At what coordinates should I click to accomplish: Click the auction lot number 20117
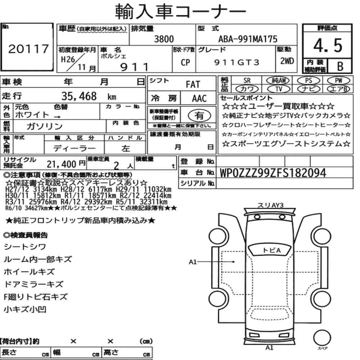point(28,49)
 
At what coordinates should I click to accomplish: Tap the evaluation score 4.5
point(328,45)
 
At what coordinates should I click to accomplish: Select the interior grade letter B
point(340,66)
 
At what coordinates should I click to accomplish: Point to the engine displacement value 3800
point(164,39)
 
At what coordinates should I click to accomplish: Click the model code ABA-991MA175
point(248,39)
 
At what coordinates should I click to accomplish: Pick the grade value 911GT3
point(237,62)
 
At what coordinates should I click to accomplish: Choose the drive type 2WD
point(287,61)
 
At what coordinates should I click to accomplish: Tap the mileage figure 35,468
point(79,96)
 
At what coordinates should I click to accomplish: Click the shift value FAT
point(193,85)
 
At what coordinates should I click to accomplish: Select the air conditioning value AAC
point(199,99)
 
